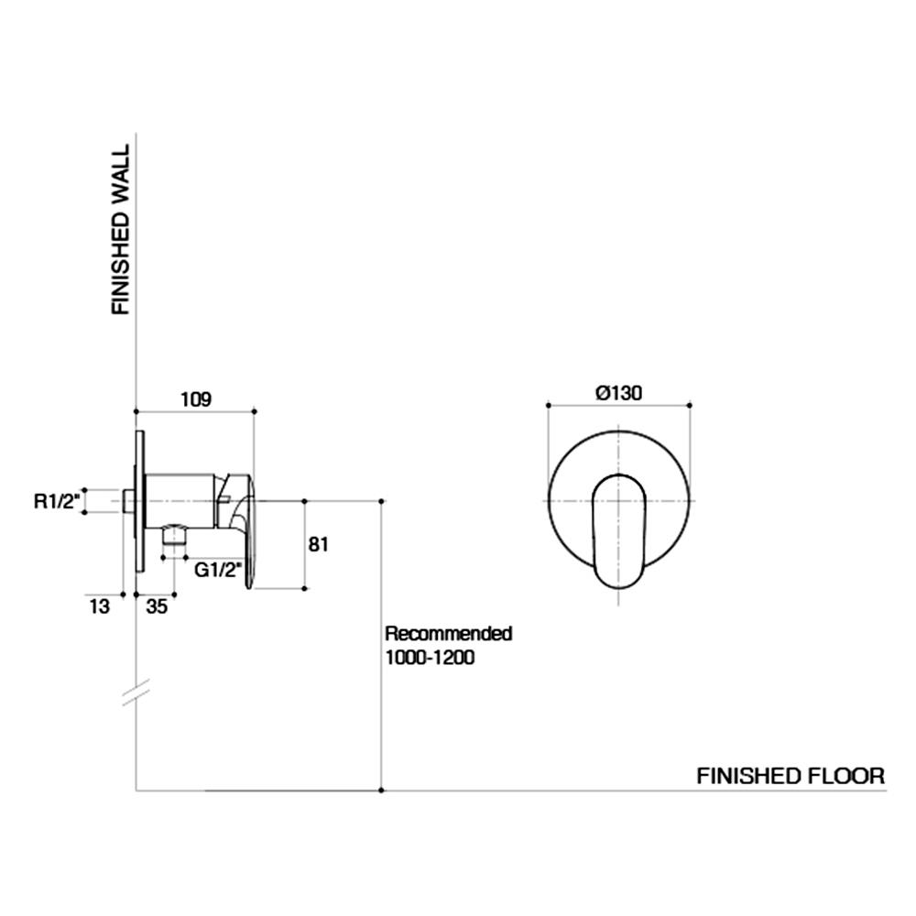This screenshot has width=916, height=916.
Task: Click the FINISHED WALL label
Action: coord(121,230)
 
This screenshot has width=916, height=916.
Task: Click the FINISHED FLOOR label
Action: coord(791,776)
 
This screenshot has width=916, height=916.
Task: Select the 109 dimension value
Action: coord(195,398)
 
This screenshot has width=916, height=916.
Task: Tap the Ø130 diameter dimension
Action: coord(618,392)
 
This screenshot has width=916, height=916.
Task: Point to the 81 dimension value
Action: coord(318,545)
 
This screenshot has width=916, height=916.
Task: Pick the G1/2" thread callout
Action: coord(218,570)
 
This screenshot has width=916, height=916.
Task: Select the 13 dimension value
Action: coord(100,606)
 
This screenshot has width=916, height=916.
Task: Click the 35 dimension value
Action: coord(157,606)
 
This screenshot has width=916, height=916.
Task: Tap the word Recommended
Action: coord(448,633)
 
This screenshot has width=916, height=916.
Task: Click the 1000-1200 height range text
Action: coord(430,658)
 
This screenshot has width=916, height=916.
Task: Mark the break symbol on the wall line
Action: coord(136,694)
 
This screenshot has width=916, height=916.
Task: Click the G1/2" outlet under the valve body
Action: coord(174,540)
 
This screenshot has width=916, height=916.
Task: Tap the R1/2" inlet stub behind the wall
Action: coord(127,501)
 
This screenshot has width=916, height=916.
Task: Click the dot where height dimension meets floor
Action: coord(382,791)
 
